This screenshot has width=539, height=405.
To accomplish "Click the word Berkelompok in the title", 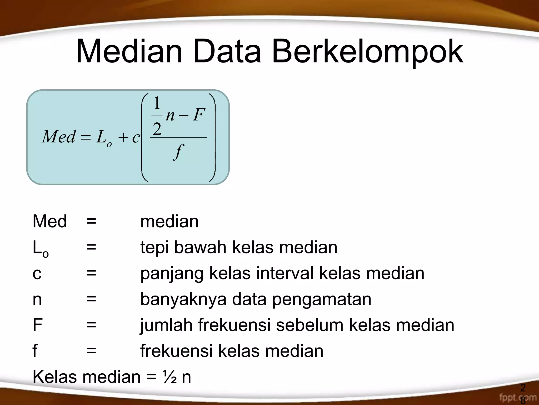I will coord(367,52).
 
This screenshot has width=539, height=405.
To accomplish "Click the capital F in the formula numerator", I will coord(198,115).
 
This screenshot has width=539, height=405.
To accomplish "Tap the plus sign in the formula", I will coord(123,138).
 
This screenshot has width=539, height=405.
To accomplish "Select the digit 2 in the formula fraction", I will coord(157,129).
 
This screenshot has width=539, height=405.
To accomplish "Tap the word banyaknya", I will coord(183,299).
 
